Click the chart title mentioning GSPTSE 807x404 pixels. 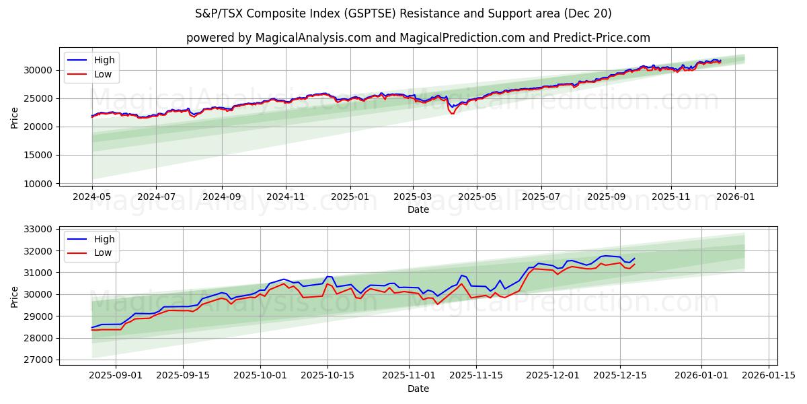tap(403, 13)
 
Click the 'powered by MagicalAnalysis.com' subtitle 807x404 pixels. tap(418, 38)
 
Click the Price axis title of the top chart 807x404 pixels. tap(15, 118)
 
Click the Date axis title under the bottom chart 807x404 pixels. tap(418, 389)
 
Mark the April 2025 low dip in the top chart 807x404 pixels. tap(452, 113)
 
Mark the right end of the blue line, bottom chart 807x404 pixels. tap(634, 258)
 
